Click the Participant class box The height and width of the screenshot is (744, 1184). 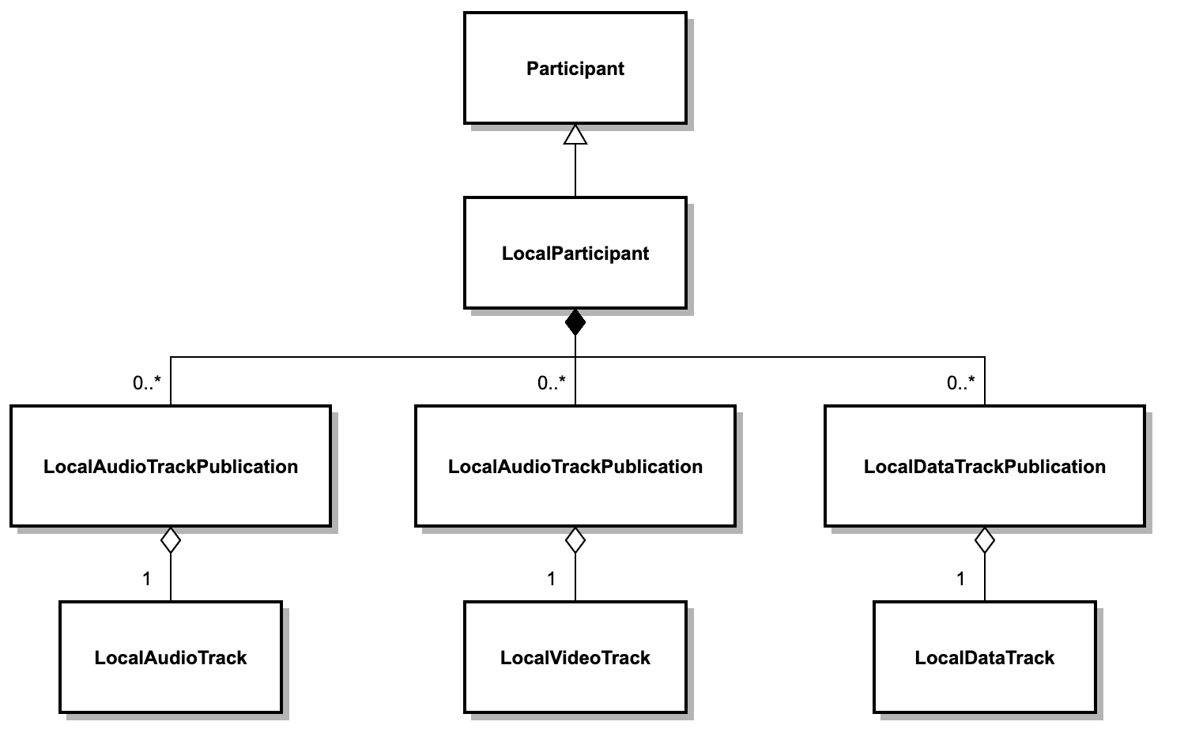(x=575, y=68)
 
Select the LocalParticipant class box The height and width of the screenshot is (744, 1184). (x=575, y=253)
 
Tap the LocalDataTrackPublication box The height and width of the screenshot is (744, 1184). (x=984, y=466)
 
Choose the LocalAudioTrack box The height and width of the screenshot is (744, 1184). (x=171, y=657)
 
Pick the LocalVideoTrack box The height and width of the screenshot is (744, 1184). (x=575, y=657)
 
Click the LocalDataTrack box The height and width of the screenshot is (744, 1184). (x=984, y=657)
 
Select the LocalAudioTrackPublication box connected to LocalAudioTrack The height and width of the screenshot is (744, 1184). (x=171, y=466)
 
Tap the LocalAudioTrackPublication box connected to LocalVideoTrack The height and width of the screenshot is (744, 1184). (x=575, y=466)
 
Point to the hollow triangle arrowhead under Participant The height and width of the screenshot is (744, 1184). (x=575, y=135)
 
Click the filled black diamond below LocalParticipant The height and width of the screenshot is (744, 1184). (x=575, y=322)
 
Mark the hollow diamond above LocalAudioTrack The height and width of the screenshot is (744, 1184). (x=171, y=541)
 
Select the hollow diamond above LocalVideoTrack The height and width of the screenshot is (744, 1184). (x=575, y=541)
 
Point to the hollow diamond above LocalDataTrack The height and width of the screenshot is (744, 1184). (x=985, y=541)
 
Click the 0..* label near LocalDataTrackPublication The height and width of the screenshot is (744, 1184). (x=960, y=383)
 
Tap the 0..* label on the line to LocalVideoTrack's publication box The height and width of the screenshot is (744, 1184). (x=551, y=383)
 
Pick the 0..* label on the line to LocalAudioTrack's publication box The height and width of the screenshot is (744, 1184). (x=146, y=383)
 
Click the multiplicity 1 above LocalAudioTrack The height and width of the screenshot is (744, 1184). (x=146, y=579)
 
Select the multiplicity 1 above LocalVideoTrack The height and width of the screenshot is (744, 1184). (x=551, y=579)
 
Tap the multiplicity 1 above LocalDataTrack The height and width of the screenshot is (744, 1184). (x=960, y=579)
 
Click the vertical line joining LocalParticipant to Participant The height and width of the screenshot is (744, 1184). (x=575, y=171)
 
